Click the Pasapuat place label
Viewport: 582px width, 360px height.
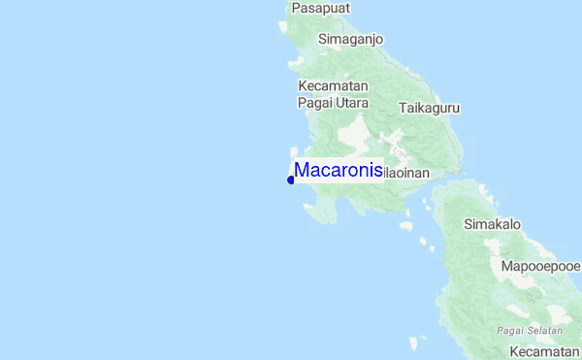point(321,8)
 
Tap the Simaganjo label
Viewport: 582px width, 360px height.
point(351,39)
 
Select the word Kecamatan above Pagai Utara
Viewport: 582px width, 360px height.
point(333,85)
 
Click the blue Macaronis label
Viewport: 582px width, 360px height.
point(338,170)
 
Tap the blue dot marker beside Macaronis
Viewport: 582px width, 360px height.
point(291,180)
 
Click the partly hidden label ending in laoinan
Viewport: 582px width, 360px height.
point(406,173)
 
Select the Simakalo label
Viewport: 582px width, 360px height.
point(493,224)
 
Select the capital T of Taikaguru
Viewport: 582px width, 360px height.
point(402,109)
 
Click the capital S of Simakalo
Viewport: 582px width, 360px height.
point(469,224)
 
